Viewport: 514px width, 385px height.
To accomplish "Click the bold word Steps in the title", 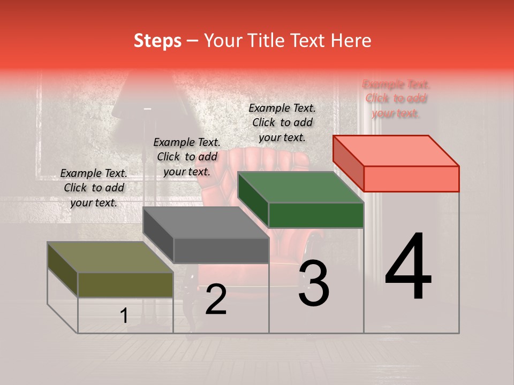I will coord(157,41).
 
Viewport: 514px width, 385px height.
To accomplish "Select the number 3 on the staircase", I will coord(314,283).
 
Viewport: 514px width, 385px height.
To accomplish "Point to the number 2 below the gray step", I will coord(216,299).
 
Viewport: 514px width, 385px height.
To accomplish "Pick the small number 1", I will coord(124,316).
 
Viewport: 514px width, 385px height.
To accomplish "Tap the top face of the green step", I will coord(300,187).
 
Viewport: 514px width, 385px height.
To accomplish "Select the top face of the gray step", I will coord(206,222).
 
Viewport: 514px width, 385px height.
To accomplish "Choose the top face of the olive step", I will coord(110,257).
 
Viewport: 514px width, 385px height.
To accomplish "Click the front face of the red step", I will coord(411,179).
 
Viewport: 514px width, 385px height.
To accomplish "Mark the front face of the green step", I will coord(316,215).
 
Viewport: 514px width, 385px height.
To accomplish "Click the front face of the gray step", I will coord(221,250).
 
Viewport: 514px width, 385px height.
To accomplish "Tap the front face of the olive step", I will coord(125,284).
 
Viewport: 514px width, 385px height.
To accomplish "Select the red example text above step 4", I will coord(396,98).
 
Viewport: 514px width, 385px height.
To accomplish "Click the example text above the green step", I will coord(282,122).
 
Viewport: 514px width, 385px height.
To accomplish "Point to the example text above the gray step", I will coord(187,157).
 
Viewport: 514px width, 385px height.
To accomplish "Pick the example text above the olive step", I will coord(94,188).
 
